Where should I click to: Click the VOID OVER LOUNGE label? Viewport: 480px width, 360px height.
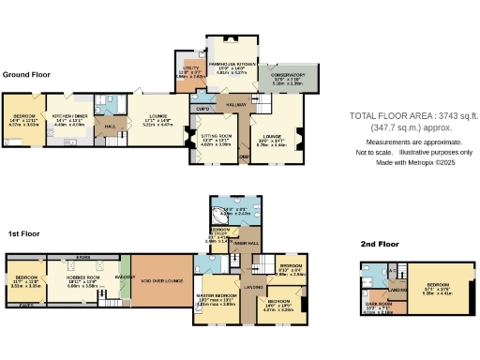point(160,278)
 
